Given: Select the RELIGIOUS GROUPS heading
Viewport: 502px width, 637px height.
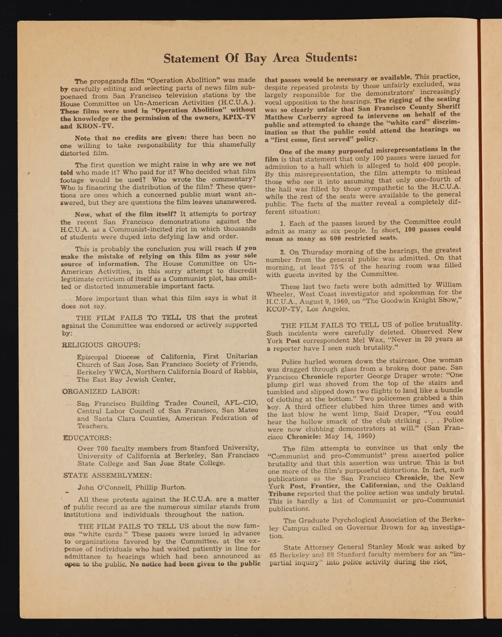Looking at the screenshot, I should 101,344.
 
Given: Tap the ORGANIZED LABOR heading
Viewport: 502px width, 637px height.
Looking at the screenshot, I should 101,392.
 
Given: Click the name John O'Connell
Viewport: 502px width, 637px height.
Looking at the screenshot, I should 102,487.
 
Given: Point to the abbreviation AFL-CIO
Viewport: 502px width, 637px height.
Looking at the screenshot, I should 240,403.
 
